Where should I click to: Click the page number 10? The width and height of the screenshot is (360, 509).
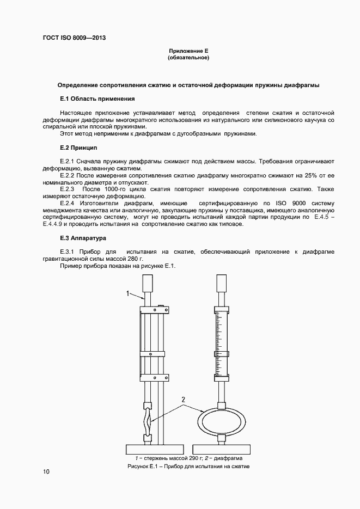point(46,471)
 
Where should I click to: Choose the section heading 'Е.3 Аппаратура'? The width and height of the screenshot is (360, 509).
point(83,238)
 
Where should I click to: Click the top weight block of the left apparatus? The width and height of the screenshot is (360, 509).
point(147,284)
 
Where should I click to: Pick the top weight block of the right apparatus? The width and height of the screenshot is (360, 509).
point(221,283)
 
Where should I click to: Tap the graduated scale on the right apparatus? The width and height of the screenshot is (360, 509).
point(222,333)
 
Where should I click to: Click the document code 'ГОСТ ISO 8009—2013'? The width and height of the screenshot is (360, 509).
point(74,38)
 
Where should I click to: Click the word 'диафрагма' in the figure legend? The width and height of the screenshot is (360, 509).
point(226,459)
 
